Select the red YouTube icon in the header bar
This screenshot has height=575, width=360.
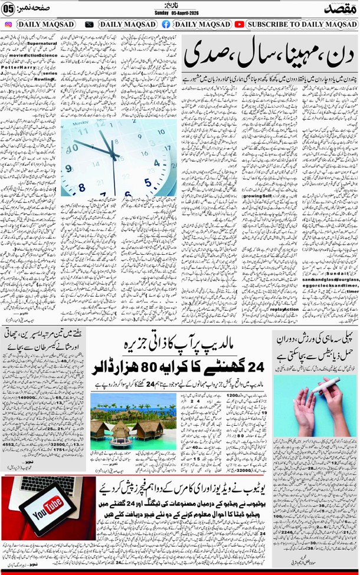coord(239,24)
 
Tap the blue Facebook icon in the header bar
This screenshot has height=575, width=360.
coord(165,24)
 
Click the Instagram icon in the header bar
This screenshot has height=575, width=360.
coord(8,24)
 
